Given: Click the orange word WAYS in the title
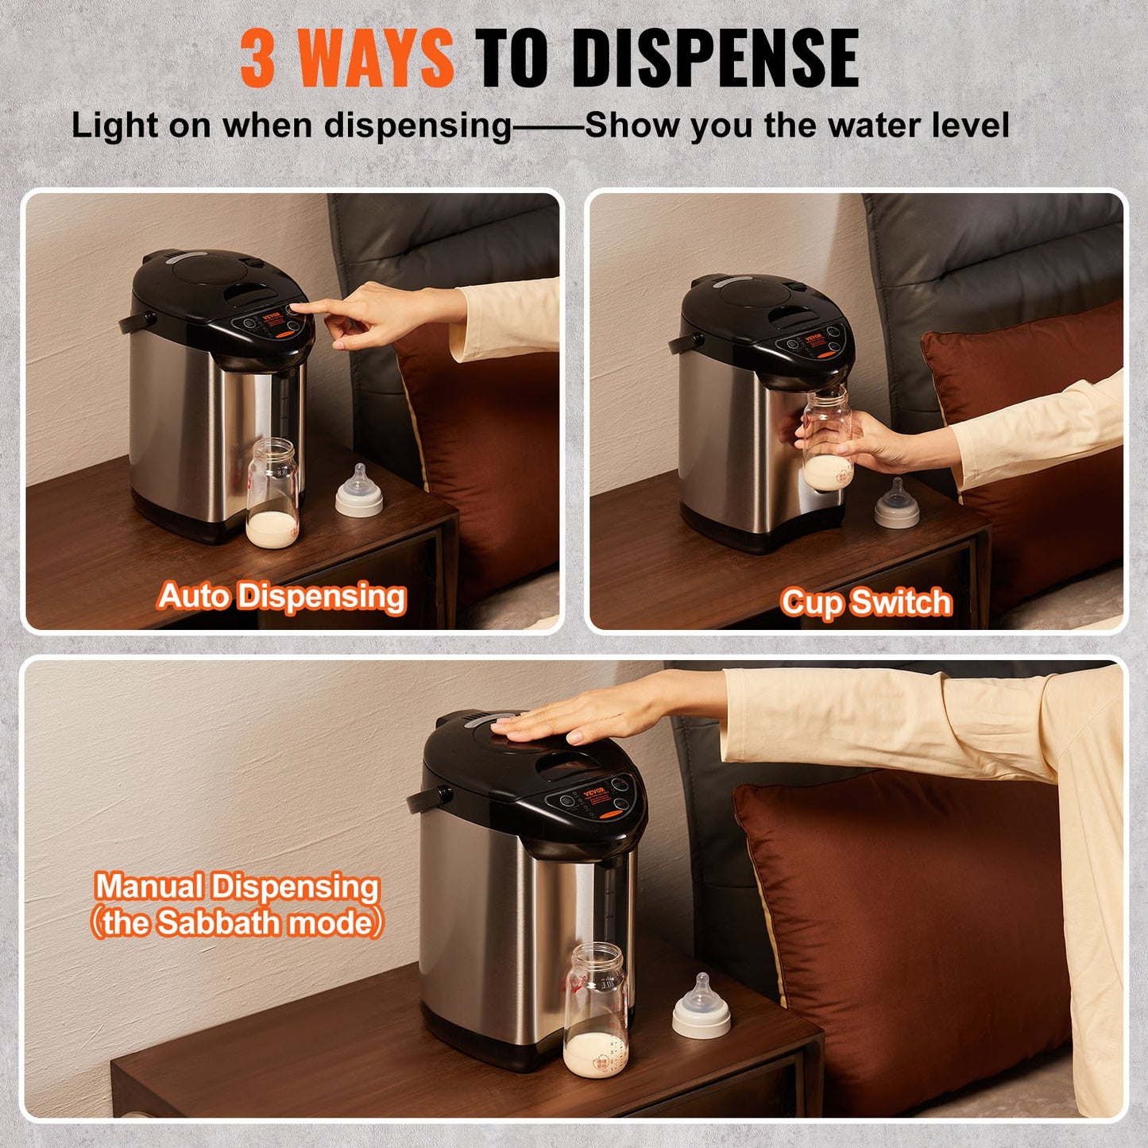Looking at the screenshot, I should (378, 58).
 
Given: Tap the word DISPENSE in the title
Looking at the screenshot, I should (715, 58).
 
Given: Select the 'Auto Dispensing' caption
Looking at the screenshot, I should (282, 596).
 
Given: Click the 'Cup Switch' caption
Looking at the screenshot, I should (866, 602).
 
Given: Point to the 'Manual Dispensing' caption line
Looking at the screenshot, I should (237, 886).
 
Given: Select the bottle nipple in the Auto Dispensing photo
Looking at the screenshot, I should (359, 493).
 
